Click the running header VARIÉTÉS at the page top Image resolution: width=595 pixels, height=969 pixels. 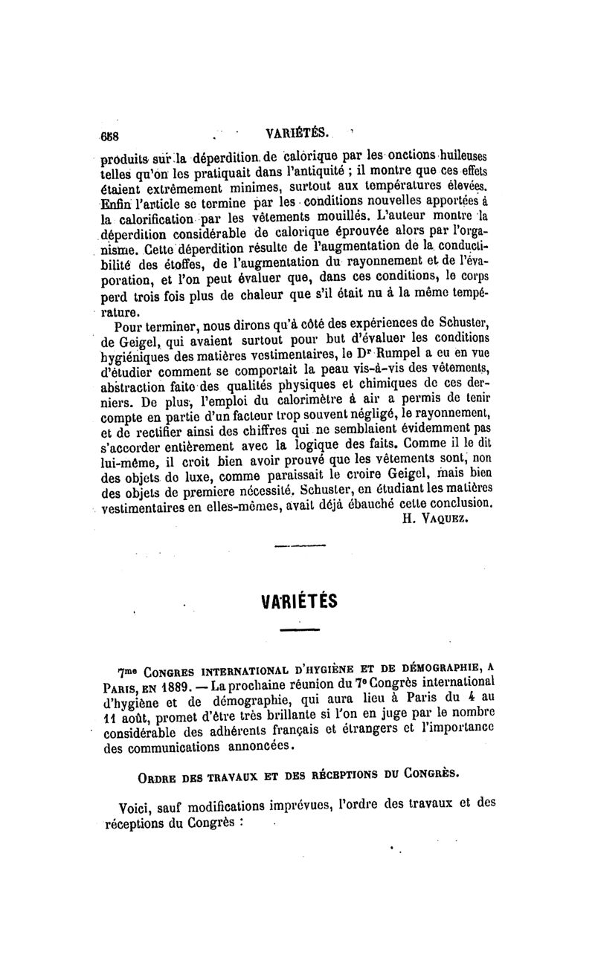(297, 135)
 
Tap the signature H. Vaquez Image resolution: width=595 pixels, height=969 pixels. (439, 519)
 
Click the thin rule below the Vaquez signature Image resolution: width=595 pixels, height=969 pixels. (295, 548)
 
